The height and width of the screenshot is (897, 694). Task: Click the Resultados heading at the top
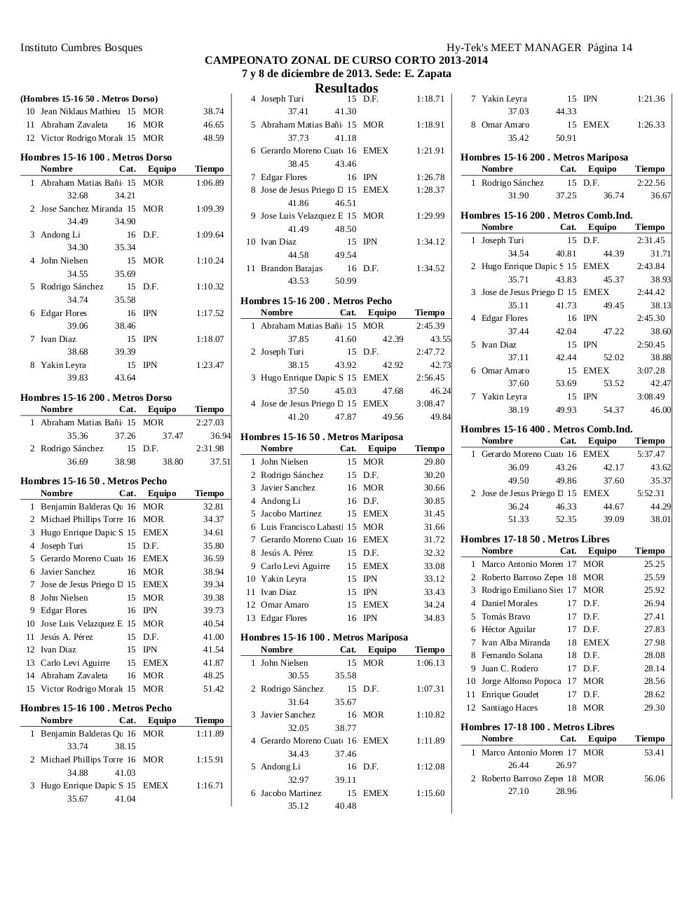click(x=346, y=88)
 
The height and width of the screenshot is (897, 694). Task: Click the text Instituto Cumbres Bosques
click(x=81, y=48)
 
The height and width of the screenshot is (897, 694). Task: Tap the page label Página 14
click(x=610, y=48)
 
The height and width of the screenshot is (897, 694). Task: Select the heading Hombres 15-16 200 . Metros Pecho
click(x=316, y=301)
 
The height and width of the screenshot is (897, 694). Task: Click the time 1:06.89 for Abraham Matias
click(x=210, y=183)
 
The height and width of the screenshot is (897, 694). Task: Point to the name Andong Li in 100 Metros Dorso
click(x=60, y=235)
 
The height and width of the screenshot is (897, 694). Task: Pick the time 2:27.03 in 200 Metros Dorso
click(x=210, y=423)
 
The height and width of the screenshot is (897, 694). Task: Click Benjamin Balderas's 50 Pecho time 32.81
click(x=213, y=507)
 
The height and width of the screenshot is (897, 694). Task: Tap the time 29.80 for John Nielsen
click(x=434, y=462)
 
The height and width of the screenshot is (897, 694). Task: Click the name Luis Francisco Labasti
click(x=301, y=527)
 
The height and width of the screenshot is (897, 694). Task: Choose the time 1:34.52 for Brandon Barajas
click(x=430, y=268)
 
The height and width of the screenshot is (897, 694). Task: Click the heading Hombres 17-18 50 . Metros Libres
click(x=535, y=539)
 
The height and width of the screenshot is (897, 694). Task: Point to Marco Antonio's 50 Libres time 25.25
click(x=654, y=564)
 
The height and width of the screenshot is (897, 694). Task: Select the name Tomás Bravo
click(x=505, y=617)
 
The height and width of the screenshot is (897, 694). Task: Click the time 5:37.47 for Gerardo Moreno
click(x=651, y=454)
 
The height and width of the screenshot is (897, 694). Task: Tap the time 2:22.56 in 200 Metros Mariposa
click(x=651, y=183)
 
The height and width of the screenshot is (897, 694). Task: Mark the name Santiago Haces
click(x=509, y=708)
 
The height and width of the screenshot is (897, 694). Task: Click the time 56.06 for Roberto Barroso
click(x=654, y=779)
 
